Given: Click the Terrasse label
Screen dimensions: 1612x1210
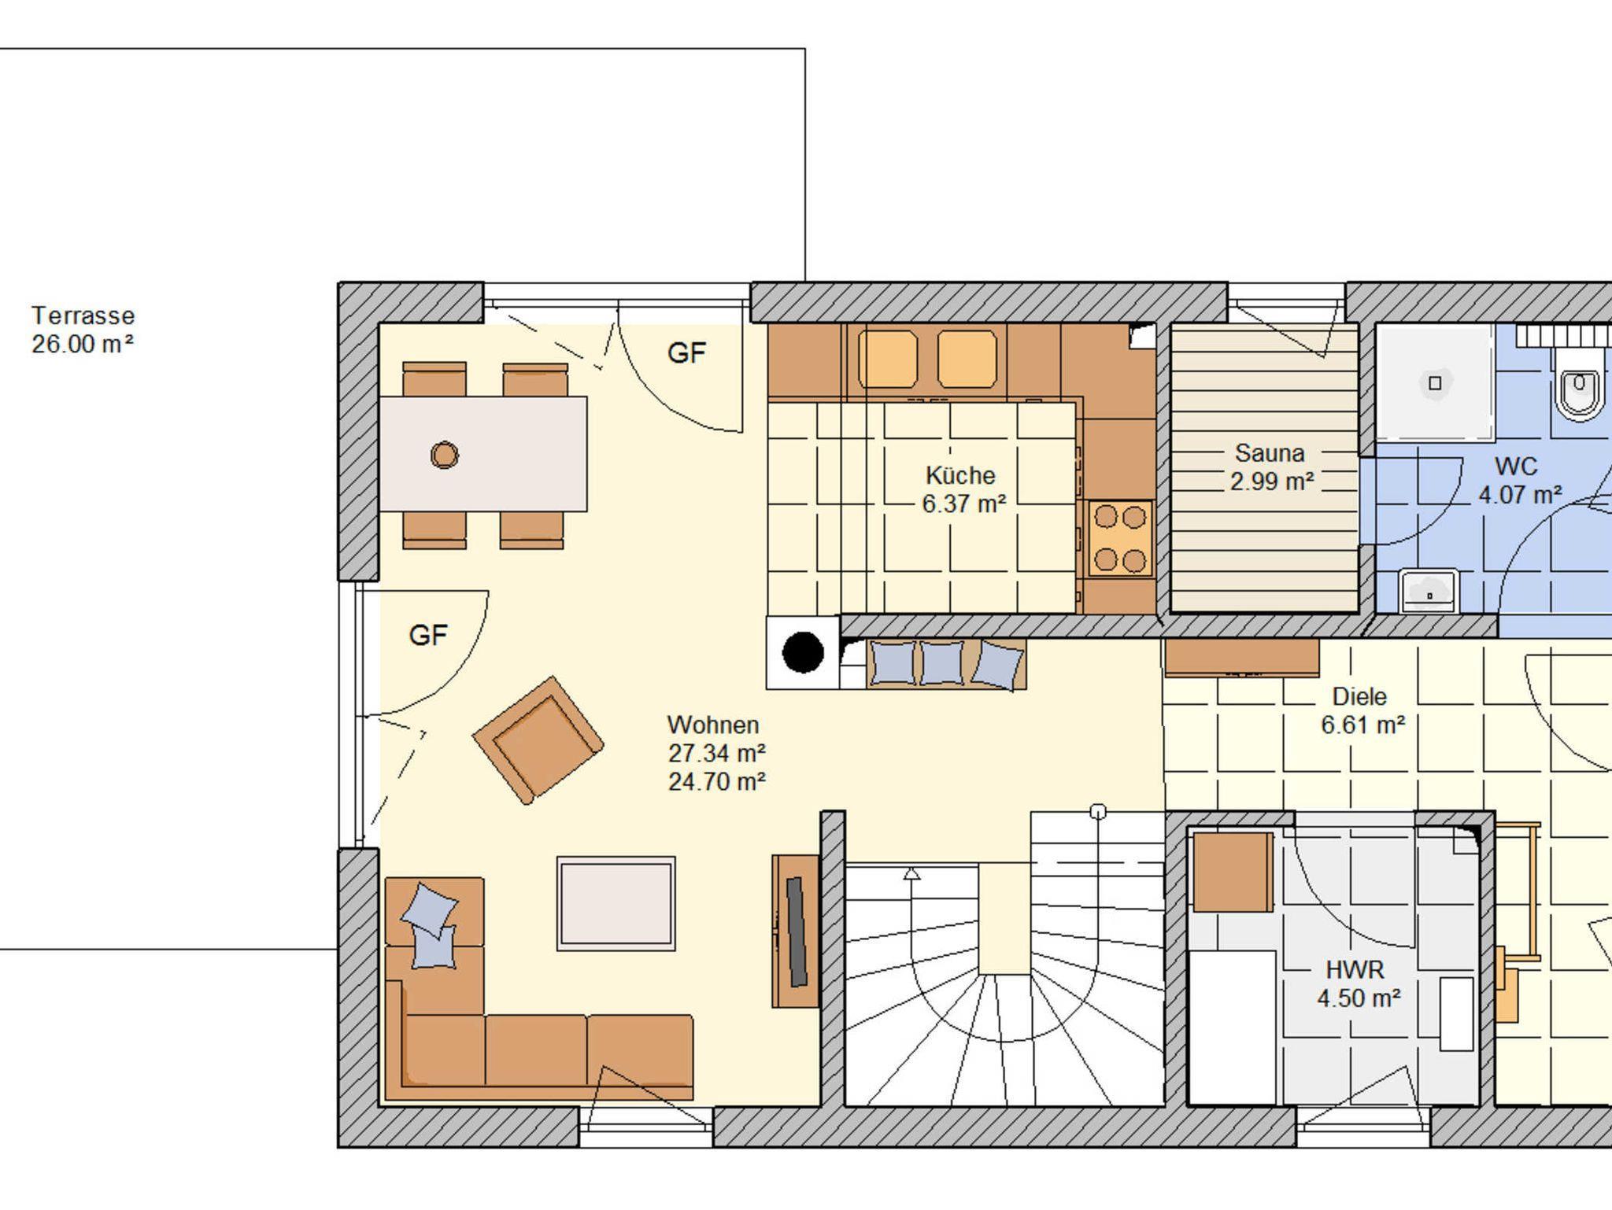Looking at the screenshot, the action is pos(83,315).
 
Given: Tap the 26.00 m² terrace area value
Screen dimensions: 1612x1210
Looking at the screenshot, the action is pos(83,344).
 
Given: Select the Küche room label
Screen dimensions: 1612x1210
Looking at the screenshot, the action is pos(960,475).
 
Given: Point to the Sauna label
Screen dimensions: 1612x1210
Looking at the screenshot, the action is pos(1270,452).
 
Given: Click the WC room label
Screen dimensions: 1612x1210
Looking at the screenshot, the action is pos(1516,466).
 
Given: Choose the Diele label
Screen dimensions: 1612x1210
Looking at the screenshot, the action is pos(1359,696).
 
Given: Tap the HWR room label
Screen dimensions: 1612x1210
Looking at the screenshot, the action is pos(1355,969).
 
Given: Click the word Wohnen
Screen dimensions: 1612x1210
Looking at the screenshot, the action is pos(713,725).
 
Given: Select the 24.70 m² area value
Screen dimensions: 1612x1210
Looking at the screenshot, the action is pos(717,781).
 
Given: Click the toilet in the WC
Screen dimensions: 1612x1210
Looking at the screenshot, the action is pos(1579,385).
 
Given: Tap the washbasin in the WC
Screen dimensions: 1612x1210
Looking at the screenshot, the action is pos(1429,591).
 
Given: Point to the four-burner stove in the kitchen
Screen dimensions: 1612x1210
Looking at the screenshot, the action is pos(1120,538).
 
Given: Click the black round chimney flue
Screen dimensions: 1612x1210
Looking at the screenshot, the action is pos(803,652).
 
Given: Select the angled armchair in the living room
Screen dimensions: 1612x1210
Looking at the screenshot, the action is pos(538,740).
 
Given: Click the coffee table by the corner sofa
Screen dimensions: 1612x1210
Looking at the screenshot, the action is pos(616,903).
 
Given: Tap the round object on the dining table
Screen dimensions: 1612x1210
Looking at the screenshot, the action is pos(445,455).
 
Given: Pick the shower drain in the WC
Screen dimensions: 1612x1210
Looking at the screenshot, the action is pos(1434,383).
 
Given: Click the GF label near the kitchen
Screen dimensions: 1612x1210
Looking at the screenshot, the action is pos(686,353).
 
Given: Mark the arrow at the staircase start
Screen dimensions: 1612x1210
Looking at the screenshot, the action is pos(911,873).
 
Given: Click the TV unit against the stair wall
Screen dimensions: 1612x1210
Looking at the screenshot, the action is pos(796,931).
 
